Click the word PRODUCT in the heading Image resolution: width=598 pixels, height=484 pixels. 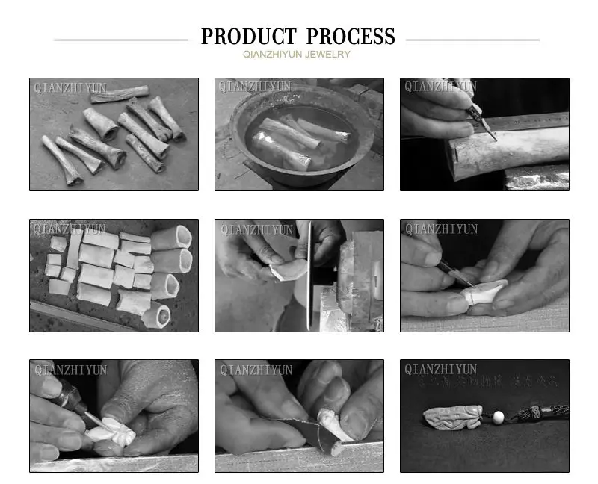[250, 37]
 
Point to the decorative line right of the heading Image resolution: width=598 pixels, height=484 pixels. [472, 40]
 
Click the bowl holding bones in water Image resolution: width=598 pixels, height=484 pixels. [299, 142]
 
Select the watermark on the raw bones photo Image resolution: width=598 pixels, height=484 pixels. [70, 87]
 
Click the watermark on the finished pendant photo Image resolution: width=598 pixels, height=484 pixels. [440, 370]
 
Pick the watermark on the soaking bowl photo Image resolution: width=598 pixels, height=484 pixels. [255, 87]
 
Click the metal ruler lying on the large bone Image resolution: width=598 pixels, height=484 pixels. [523, 122]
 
